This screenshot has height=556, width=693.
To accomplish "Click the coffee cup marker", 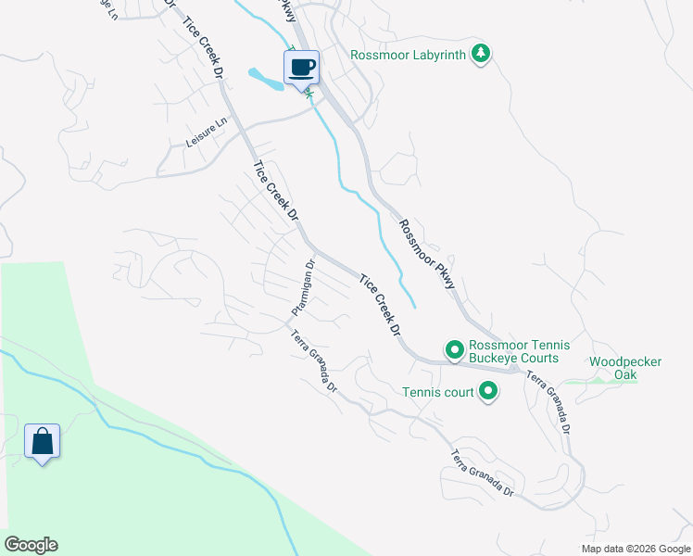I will click(301, 68).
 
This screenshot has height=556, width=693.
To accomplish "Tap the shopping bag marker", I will click(43, 442).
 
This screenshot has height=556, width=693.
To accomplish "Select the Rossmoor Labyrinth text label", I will click(409, 54).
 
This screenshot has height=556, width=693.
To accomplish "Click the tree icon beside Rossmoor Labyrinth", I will click(480, 54).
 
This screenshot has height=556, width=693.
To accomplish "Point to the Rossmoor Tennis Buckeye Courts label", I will click(513, 350).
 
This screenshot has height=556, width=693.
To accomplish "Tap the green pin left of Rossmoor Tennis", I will click(454, 350).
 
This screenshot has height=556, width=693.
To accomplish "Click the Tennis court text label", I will click(437, 392).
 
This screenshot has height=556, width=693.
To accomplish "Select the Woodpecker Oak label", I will click(625, 368).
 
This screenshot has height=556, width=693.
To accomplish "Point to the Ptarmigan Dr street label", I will click(303, 284).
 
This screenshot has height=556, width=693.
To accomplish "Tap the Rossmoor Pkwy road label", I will click(427, 254).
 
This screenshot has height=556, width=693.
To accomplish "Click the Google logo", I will click(31, 545).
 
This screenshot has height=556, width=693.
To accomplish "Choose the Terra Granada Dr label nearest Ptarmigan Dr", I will click(315, 360).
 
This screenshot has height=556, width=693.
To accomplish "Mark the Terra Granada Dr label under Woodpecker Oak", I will click(549, 400).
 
